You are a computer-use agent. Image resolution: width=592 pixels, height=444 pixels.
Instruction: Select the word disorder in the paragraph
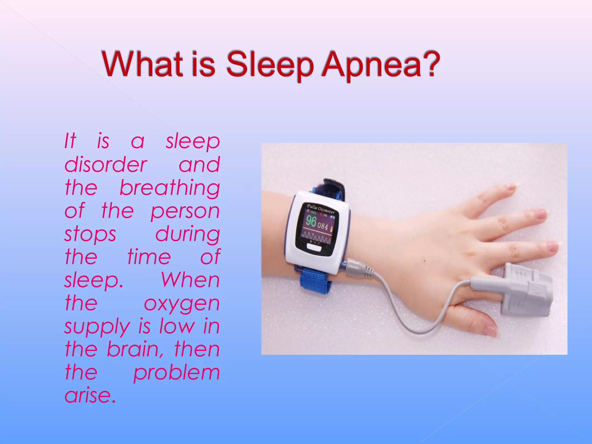[x=106, y=165]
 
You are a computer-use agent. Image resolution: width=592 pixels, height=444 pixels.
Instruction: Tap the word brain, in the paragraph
[x=133, y=349]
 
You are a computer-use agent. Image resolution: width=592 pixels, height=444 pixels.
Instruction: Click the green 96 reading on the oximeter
[x=311, y=221]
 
